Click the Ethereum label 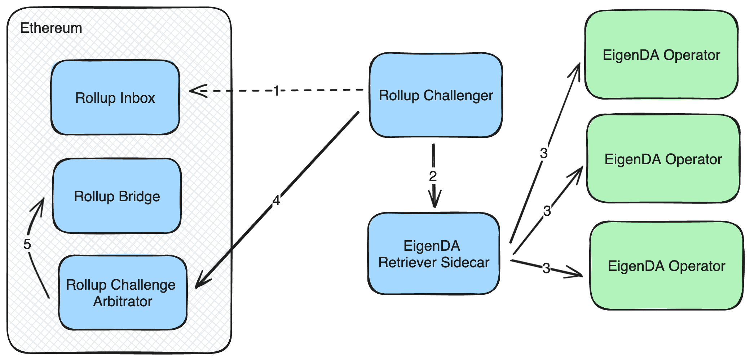coord(51,28)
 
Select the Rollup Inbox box coord(115,98)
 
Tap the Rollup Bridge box coord(117,196)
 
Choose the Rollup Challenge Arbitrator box coord(123,293)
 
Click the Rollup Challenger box coord(436,96)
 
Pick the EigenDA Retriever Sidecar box coord(434,254)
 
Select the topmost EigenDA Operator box coord(661,55)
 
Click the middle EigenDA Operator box coord(663,159)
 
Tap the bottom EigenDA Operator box coord(666,266)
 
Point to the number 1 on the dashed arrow coord(276,91)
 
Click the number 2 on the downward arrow coord(433,176)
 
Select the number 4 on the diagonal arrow coord(276,201)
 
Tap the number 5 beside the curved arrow coord(27,244)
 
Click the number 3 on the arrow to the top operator coord(544,153)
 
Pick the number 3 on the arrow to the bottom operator coord(546,268)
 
